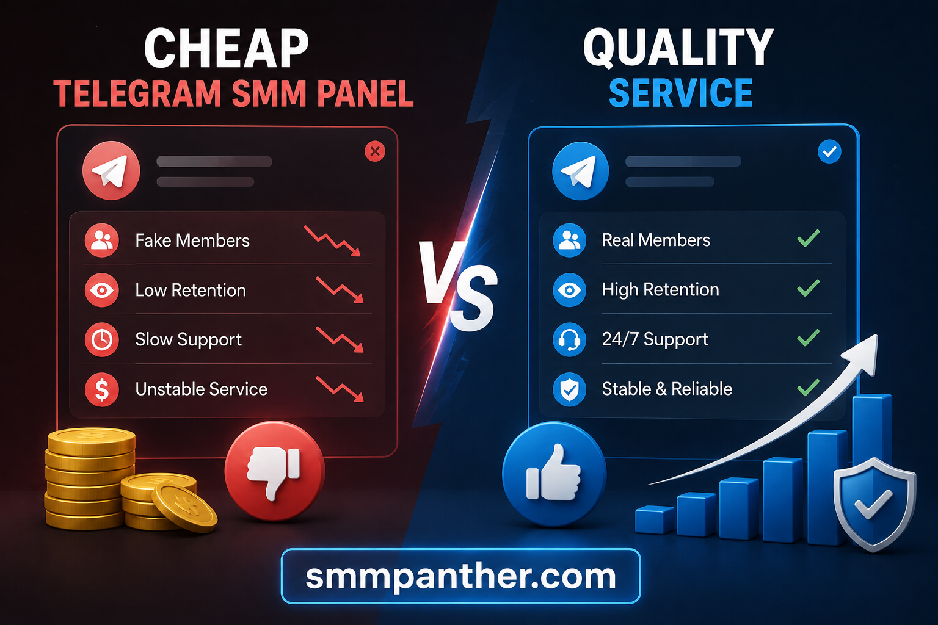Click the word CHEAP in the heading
226,48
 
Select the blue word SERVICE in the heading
680,93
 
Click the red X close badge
375,151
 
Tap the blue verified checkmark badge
829,151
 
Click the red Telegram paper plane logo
111,170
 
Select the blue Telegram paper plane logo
580,171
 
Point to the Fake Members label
192,240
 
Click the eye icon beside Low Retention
102,290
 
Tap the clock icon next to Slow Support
102,339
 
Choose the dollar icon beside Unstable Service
102,389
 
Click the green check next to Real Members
808,238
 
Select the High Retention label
660,290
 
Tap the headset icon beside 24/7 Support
570,339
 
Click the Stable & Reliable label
667,389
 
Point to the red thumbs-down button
275,471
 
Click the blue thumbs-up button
554,473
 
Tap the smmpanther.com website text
460,577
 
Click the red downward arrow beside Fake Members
332,240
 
